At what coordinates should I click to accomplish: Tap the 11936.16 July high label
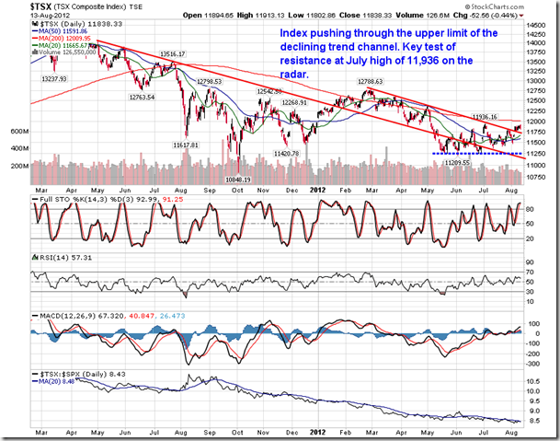pos(491,117)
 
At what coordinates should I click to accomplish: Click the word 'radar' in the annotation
pos(296,73)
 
